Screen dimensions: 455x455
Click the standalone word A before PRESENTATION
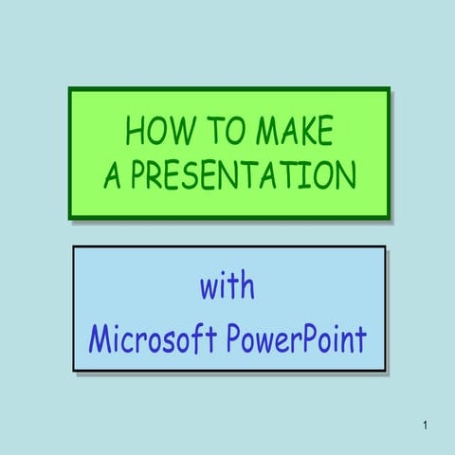pos(112,175)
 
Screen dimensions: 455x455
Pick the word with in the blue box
pos(227,286)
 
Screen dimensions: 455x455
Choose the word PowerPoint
pos(295,338)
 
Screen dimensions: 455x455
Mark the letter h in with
pos(248,285)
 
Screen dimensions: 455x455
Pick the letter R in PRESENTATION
pos(153,175)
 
